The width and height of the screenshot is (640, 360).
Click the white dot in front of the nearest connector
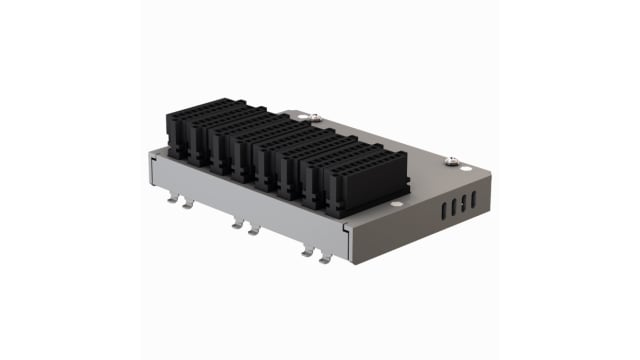pos(397,207)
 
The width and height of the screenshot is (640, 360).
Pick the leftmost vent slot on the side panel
pos(442,212)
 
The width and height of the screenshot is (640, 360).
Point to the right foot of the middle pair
pos(253,230)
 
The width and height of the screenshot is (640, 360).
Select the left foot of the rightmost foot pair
pos(307,251)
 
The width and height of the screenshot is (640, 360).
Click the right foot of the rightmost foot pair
pos(324,258)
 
